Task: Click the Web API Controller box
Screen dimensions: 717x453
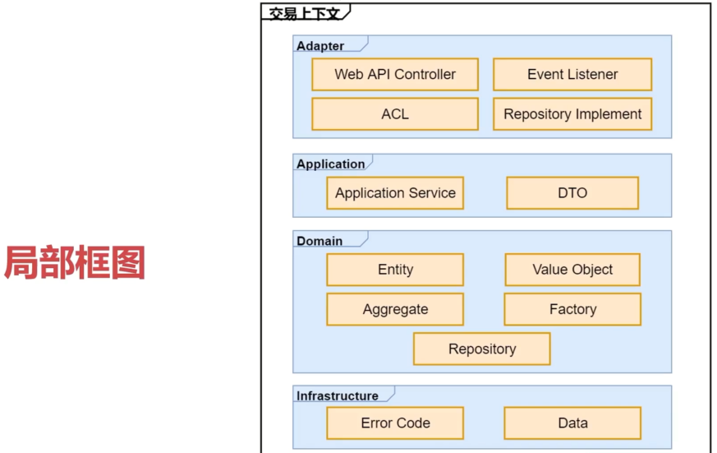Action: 395,74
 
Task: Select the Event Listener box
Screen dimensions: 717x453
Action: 572,74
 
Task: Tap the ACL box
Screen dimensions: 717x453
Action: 395,114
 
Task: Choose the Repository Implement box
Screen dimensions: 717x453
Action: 572,114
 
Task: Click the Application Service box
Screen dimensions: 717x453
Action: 395,193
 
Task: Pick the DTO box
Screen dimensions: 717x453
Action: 572,193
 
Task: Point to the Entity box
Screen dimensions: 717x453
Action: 395,270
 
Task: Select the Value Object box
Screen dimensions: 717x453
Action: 572,270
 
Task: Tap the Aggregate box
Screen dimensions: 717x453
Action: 395,309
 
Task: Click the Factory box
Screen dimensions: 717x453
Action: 572,309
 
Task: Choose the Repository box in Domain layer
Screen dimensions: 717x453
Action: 482,349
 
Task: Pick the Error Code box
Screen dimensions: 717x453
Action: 395,423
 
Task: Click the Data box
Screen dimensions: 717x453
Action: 572,423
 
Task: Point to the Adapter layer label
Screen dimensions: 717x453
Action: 320,46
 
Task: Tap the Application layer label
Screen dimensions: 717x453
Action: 331,164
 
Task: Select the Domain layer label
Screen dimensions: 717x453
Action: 319,241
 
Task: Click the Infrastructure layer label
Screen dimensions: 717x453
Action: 338,395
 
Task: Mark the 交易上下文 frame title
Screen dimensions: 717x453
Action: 304,14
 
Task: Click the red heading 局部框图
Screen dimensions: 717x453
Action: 75,262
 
